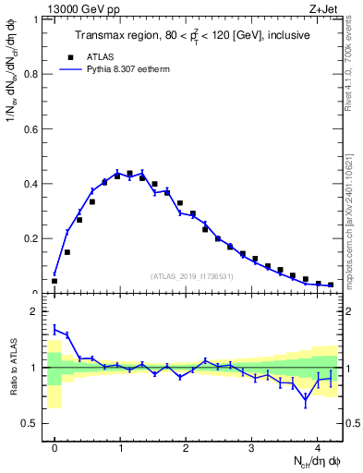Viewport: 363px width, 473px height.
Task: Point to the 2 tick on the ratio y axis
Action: point(37,311)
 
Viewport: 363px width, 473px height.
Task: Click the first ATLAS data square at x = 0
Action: point(54,281)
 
